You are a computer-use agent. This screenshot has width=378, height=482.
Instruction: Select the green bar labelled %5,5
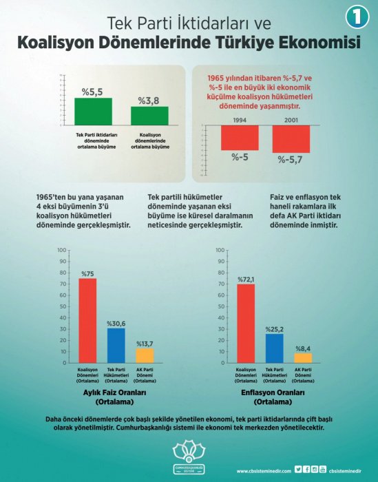(93, 111)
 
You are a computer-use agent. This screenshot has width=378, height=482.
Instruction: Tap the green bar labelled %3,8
(149, 116)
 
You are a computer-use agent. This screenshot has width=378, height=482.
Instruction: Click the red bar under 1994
(240, 138)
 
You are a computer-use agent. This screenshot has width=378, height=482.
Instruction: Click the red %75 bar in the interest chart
(87, 320)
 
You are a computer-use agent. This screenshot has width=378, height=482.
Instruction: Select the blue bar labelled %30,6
(116, 345)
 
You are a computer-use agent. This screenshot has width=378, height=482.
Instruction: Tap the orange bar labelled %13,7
(145, 355)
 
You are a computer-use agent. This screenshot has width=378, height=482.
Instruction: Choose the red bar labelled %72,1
(246, 323)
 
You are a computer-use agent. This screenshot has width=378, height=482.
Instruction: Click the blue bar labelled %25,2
(275, 348)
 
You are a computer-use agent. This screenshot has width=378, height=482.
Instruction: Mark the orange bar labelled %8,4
(304, 357)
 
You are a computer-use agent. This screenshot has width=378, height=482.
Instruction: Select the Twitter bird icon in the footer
(298, 470)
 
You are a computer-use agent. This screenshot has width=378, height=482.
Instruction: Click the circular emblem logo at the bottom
(188, 454)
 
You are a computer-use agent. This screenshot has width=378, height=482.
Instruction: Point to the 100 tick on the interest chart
(62, 250)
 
